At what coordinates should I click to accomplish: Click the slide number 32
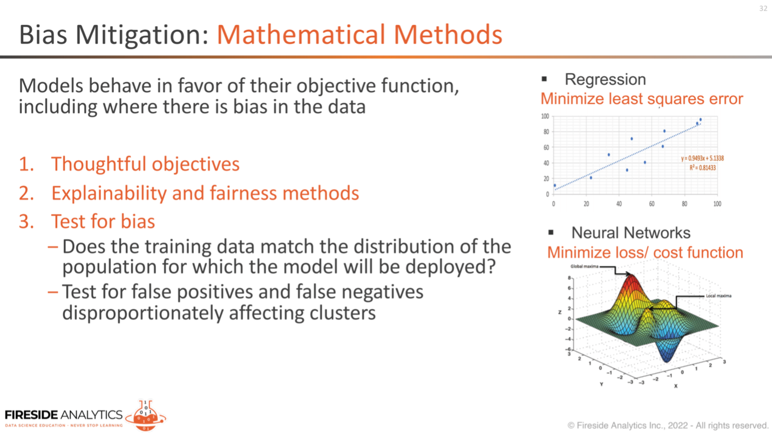[763, 9]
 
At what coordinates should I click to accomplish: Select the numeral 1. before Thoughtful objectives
[26, 164]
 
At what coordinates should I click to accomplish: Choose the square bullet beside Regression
[544, 79]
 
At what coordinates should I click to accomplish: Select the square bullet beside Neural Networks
[551, 233]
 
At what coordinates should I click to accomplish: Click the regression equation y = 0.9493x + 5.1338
[702, 159]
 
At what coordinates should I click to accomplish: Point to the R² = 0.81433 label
[702, 168]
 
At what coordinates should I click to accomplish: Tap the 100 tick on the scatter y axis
[545, 116]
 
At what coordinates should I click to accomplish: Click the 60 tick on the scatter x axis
[652, 204]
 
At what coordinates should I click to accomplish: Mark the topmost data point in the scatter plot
[700, 119]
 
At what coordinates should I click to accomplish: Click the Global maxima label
[584, 266]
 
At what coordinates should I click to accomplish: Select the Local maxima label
[719, 296]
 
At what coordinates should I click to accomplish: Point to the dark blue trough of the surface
[667, 355]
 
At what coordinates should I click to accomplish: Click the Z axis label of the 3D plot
[560, 312]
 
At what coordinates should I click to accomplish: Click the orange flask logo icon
[146, 416]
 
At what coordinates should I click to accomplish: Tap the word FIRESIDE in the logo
[31, 414]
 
